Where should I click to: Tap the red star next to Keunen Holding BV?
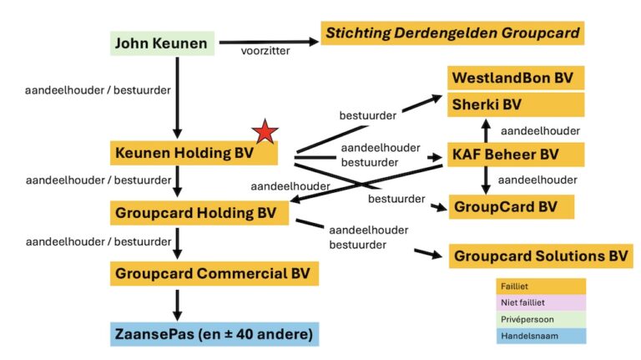coord(265,132)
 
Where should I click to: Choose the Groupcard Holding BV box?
coord(199,212)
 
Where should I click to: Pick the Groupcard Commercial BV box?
coord(215,273)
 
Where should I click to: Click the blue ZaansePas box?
coord(215,335)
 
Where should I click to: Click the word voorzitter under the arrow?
coord(265,52)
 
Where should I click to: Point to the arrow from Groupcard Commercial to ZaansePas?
coord(177,302)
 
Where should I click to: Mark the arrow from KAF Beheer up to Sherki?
coord(486,130)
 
